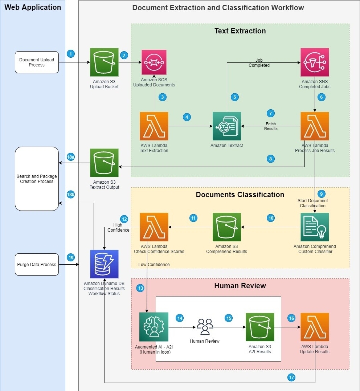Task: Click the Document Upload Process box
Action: [37, 62]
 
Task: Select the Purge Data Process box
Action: [37, 264]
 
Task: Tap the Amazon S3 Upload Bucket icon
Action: [104, 62]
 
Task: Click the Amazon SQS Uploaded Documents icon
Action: [154, 62]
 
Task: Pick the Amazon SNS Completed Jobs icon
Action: [315, 62]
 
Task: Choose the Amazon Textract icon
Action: [227, 126]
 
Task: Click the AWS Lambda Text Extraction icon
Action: [154, 126]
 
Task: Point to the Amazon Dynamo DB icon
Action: [104, 264]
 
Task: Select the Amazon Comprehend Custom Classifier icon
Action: [315, 227]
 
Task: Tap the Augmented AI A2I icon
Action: [154, 327]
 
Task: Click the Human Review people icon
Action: [205, 327]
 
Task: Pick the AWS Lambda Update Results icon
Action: [315, 327]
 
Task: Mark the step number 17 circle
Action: [292, 377]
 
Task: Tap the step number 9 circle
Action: [321, 194]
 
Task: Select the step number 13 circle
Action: [140, 288]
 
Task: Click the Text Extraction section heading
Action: [240, 31]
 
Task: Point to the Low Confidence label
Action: [154, 264]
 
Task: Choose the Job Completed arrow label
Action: [259, 63]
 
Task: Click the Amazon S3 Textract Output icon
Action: [104, 163]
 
